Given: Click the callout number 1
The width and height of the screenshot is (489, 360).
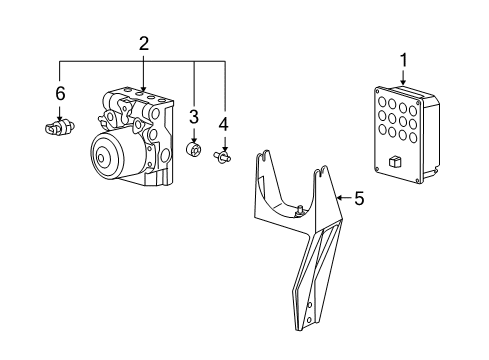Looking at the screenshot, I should tap(404, 61).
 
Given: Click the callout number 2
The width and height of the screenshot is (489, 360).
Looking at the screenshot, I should tap(144, 43).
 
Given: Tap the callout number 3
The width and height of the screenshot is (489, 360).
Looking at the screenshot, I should tap(193, 117).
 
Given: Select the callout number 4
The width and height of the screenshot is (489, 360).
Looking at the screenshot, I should tap(224, 124).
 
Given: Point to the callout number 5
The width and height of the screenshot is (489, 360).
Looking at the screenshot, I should tap(359, 198).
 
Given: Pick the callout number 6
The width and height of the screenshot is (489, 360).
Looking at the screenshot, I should tap(59, 93).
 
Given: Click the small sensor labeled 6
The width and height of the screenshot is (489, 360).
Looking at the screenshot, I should tap(58, 128).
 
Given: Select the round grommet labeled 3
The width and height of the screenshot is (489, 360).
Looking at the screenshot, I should tap(193, 151).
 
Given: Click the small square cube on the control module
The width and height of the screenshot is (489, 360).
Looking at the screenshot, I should tap(396, 160).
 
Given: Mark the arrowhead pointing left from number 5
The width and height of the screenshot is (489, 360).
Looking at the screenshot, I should tap(338, 198).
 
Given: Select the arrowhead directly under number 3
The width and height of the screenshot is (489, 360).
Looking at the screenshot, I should tap(193, 139).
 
